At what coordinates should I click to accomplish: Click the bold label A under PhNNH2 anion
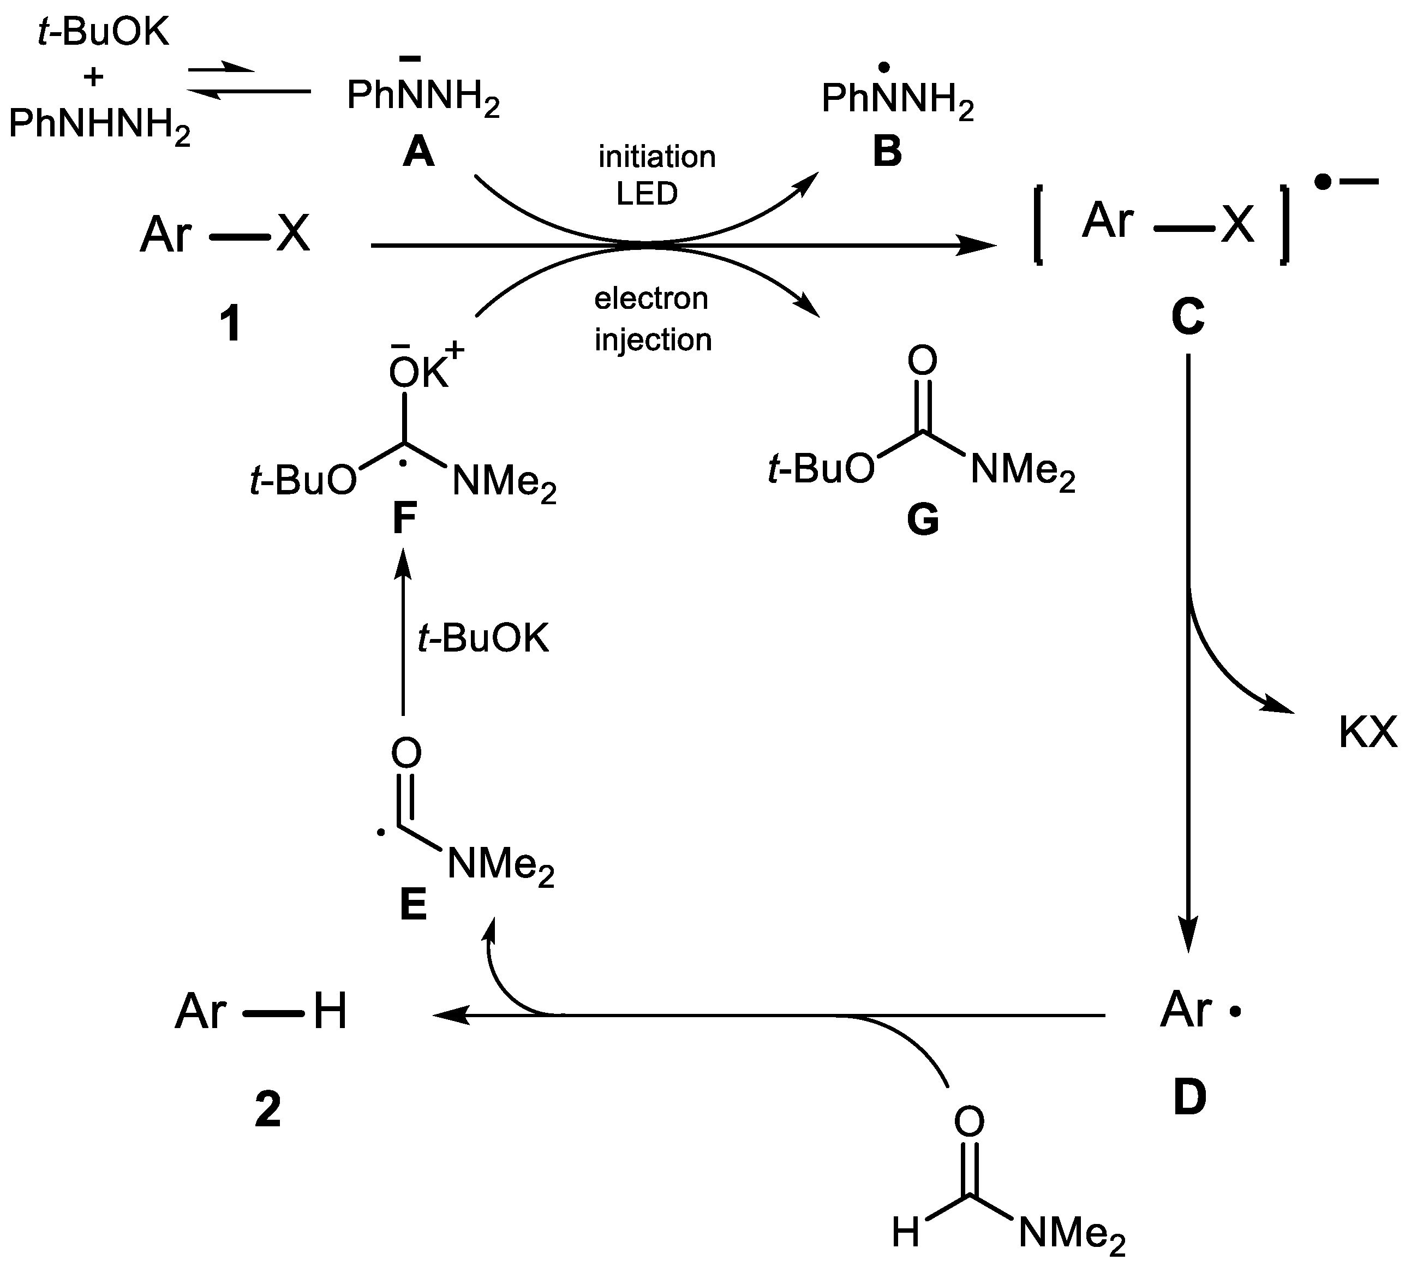pyautogui.click(x=418, y=151)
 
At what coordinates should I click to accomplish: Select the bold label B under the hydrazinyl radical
pyautogui.click(x=887, y=151)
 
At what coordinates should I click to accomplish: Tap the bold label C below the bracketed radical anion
pyautogui.click(x=1187, y=316)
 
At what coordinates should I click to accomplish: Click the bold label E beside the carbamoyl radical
pyautogui.click(x=412, y=905)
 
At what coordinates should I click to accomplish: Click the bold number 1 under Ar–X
pyautogui.click(x=231, y=324)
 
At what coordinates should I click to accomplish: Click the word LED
pyautogui.click(x=647, y=194)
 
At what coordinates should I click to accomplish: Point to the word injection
pyautogui.click(x=653, y=340)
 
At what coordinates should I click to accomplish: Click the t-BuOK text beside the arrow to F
pyautogui.click(x=483, y=638)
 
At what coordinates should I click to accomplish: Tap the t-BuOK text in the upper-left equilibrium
pyautogui.click(x=103, y=32)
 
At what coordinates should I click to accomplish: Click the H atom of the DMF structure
pyautogui.click(x=905, y=1232)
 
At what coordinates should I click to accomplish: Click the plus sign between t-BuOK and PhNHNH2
pyautogui.click(x=93, y=76)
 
